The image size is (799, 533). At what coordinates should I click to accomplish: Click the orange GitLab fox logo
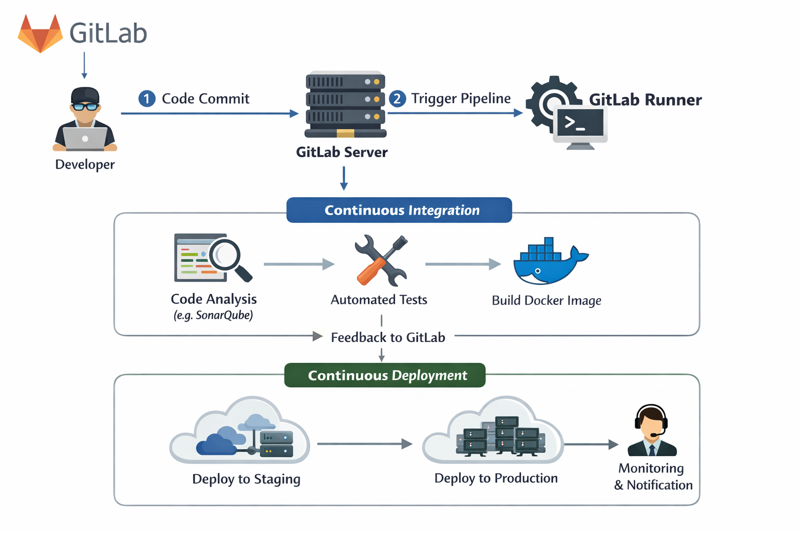[40, 34]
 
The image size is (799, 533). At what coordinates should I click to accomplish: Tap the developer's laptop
[85, 138]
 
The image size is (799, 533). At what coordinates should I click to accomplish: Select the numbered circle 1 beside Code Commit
[147, 98]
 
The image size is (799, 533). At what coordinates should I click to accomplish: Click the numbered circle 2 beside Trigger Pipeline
[397, 98]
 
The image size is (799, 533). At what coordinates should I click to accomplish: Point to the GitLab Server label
[342, 153]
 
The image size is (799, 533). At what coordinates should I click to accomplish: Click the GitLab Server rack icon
[345, 105]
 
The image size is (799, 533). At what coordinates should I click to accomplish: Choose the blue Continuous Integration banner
[399, 210]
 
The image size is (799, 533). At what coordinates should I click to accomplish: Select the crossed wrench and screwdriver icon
[381, 260]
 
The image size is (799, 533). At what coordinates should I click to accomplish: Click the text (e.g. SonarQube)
[213, 315]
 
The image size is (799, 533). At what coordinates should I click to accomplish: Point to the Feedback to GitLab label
[388, 338]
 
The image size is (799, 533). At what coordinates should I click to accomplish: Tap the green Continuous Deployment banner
[385, 375]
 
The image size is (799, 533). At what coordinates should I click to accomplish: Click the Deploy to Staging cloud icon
[240, 432]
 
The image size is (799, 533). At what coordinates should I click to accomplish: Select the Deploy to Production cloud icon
[493, 432]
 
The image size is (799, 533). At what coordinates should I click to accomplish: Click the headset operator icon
[651, 430]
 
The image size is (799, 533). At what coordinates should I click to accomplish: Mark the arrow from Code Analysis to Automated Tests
[299, 264]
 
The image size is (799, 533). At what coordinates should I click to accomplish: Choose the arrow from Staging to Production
[364, 444]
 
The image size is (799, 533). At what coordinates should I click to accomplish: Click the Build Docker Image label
[546, 301]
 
